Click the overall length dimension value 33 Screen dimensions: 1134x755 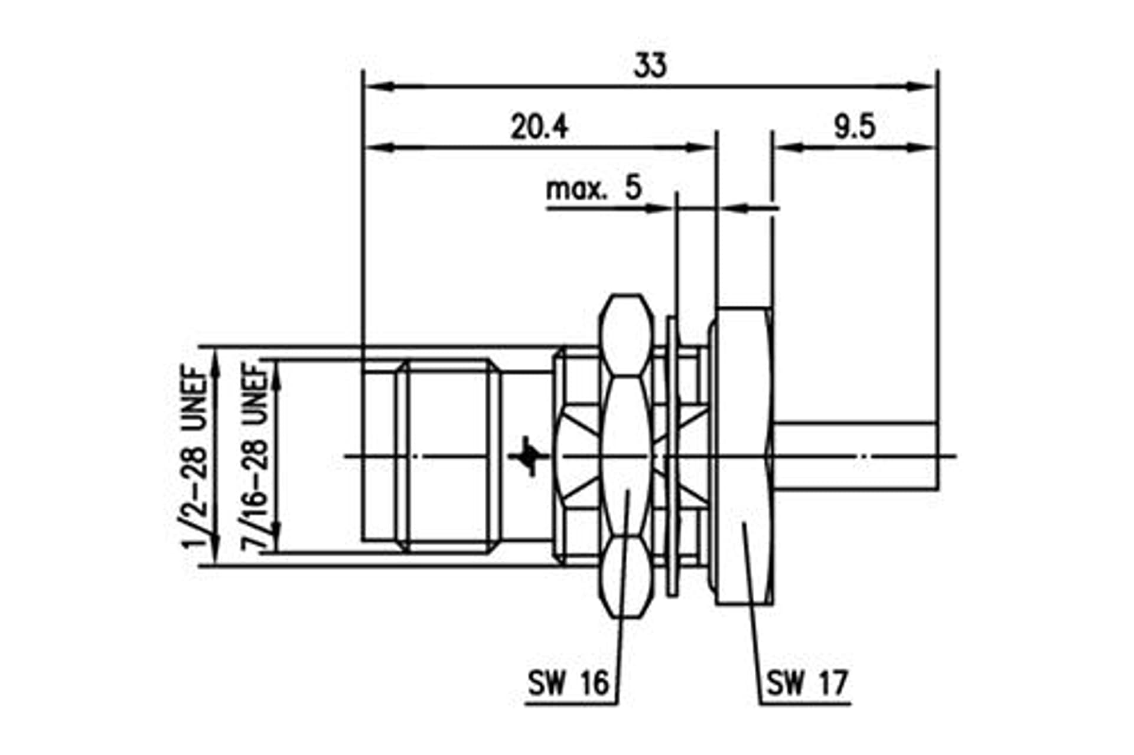tap(650, 66)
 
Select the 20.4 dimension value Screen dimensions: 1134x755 tap(539, 127)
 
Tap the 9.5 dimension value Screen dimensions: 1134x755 tap(855, 127)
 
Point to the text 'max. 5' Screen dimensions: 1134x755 tap(594, 188)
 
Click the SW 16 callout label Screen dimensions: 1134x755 tap(568, 683)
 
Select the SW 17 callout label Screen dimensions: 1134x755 tap(807, 683)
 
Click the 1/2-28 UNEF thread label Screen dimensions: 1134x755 tap(194, 457)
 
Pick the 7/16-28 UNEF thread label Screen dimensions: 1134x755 tap(255, 457)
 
